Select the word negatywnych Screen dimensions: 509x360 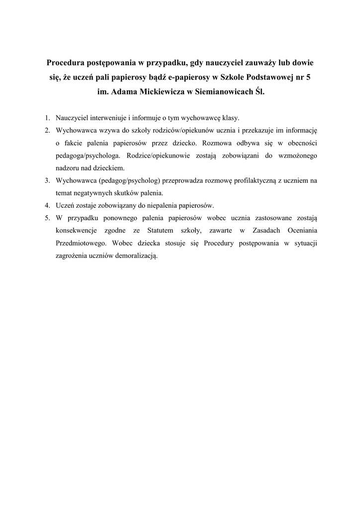pos(95,193)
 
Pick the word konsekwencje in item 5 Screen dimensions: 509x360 pos(77,231)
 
